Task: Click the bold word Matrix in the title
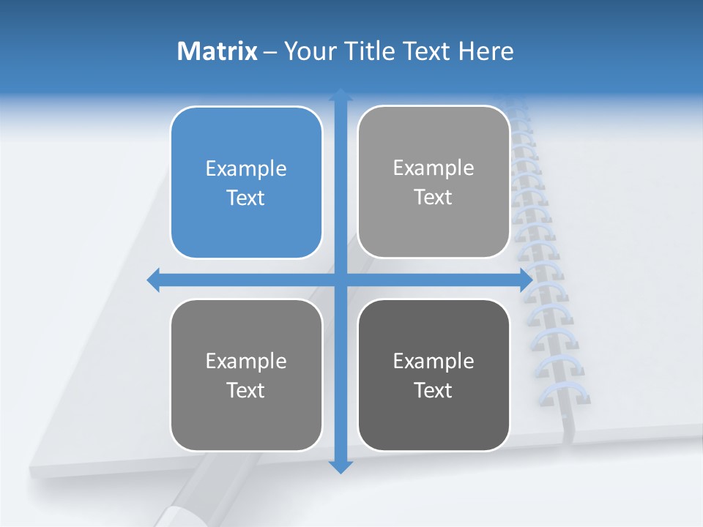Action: tap(217, 51)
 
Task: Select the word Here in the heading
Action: tap(486, 51)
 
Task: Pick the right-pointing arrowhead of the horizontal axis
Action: tap(525, 280)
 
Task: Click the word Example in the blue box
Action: tap(246, 169)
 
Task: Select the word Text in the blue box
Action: tap(246, 198)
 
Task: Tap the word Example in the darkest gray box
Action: tap(434, 361)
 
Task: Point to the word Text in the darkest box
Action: tap(434, 390)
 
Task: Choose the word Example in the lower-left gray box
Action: tap(246, 361)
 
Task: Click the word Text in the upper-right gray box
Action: tap(434, 198)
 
